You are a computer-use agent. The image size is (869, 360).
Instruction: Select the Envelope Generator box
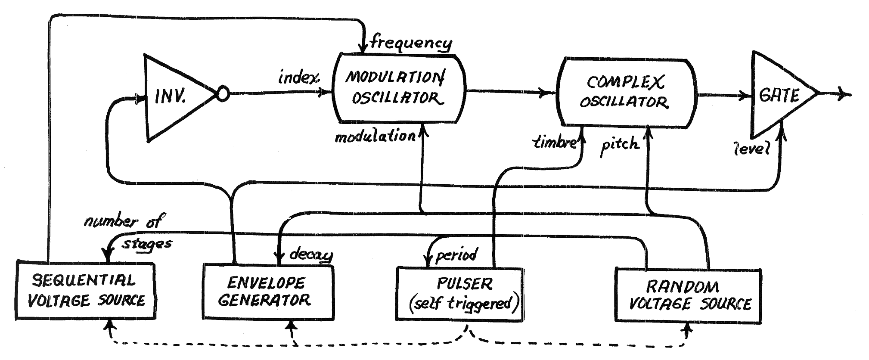pos(268,292)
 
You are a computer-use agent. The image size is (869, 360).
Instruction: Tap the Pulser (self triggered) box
pos(460,294)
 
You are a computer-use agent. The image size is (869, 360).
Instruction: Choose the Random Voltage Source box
pos(688,295)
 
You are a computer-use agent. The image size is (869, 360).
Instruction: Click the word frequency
pos(411,43)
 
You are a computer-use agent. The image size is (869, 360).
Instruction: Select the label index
pos(298,78)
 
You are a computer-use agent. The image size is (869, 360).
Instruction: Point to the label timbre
pos(554,143)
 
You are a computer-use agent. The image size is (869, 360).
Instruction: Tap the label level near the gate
pos(751,149)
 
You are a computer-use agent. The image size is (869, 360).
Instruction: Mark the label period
pos(456,256)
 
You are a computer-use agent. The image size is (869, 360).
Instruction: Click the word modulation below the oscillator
pos(375,137)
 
